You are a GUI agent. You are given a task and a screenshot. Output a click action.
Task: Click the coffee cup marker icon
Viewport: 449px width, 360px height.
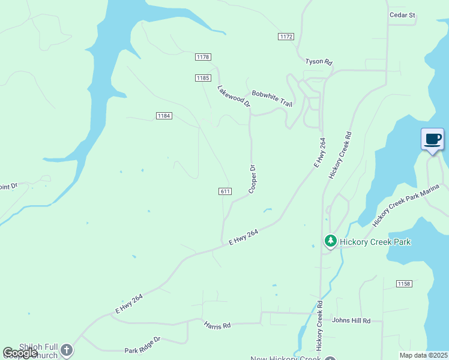coord(432,140)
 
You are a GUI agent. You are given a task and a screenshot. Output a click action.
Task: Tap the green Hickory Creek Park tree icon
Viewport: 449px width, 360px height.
coord(330,242)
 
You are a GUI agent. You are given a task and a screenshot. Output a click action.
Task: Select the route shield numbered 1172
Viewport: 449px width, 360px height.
coord(286,37)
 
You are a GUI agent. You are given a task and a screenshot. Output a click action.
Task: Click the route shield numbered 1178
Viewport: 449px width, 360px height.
coord(203,57)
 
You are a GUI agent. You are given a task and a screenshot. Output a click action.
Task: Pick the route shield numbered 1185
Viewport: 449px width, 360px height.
coord(203,78)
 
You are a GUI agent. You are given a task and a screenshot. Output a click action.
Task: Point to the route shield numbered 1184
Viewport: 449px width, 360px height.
coord(164,115)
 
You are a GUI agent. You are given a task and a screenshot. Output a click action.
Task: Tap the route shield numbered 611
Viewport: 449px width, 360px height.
coord(225,191)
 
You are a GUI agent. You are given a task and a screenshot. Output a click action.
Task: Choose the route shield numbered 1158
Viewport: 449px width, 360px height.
coord(404,283)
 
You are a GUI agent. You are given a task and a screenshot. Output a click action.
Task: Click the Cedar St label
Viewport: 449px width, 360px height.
coord(402,15)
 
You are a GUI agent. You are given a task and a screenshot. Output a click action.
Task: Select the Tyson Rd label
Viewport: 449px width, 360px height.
coord(318,62)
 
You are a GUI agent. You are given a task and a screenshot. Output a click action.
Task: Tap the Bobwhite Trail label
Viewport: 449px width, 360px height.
coord(272,98)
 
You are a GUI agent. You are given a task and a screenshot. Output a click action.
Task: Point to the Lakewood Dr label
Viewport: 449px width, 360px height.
coord(234,96)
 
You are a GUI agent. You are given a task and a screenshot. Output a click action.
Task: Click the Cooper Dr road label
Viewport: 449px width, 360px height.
coord(253,179)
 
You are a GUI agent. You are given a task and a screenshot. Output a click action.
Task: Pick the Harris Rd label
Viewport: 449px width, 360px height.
coord(217,326)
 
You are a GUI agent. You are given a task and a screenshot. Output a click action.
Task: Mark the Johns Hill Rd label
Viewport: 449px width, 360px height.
coord(351,321)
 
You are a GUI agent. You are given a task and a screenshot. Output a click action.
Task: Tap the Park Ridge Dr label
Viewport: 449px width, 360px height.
coord(143,344)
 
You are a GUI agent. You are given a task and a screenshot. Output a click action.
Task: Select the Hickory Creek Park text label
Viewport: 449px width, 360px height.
coord(375,242)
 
